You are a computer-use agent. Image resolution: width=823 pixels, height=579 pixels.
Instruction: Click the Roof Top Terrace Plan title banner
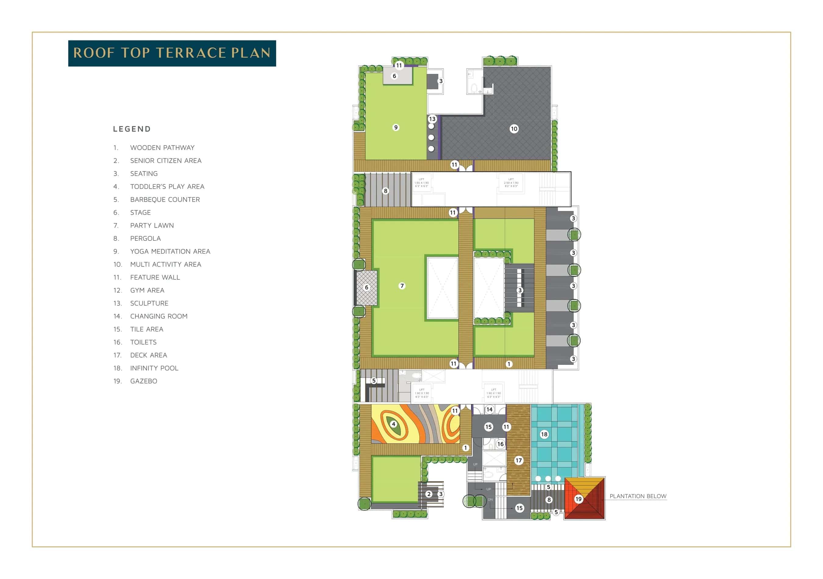click(172, 53)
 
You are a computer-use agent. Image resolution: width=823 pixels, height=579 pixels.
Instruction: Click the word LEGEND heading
click(132, 129)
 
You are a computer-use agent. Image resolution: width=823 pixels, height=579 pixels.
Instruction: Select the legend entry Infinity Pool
click(154, 368)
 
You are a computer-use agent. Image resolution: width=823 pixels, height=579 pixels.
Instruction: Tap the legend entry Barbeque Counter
click(165, 200)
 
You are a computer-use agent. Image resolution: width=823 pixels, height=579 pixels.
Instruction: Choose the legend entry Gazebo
click(143, 381)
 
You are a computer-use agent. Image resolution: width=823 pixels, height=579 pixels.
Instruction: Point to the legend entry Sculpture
click(149, 304)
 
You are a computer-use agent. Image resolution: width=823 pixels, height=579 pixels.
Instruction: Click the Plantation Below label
click(638, 496)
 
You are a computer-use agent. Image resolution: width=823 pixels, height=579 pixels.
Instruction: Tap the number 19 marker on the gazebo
click(578, 499)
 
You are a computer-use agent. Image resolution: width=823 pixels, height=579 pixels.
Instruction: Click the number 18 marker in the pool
click(544, 434)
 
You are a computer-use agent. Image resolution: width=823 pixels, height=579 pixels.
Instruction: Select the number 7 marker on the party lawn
click(402, 286)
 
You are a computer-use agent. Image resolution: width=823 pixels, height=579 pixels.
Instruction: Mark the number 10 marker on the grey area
click(514, 129)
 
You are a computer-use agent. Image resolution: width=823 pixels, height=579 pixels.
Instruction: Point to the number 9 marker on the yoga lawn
click(396, 127)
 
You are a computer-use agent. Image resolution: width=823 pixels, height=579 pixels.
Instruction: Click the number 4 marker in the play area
click(394, 424)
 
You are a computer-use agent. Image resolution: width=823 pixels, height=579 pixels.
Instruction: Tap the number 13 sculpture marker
click(432, 119)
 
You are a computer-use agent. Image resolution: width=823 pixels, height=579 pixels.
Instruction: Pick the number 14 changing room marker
click(489, 410)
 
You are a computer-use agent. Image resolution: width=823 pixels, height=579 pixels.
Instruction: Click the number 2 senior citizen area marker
click(429, 494)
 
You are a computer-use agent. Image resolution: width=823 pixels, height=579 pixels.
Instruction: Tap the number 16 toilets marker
click(501, 444)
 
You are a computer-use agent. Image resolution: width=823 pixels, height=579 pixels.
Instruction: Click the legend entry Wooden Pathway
click(162, 147)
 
